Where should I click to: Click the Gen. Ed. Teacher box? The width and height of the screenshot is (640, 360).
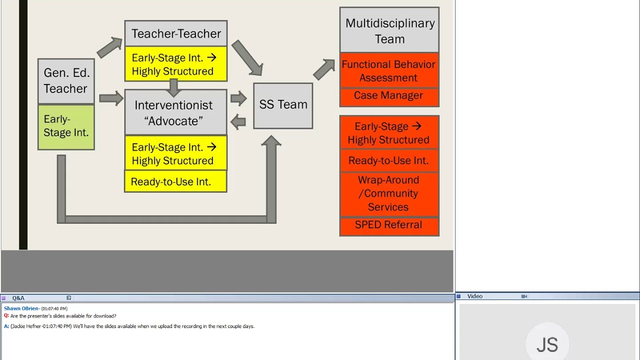[66, 81]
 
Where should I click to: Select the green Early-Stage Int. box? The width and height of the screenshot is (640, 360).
[66, 126]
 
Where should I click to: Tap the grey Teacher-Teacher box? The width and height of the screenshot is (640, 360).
[176, 33]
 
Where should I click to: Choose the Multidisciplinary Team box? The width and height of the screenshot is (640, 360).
[389, 30]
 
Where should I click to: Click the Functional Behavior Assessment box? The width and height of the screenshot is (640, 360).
[389, 70]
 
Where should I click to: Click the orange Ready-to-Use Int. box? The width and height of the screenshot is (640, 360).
[389, 160]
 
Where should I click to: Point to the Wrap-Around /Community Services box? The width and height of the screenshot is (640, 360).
[389, 194]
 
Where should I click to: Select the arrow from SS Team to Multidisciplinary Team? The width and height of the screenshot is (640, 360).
[324, 69]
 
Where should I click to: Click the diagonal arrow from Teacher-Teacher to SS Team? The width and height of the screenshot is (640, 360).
[247, 57]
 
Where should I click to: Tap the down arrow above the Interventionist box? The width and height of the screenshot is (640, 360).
[174, 87]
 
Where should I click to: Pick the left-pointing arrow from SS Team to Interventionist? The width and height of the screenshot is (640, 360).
[238, 121]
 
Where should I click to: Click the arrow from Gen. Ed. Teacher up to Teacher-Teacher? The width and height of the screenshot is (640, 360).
[109, 47]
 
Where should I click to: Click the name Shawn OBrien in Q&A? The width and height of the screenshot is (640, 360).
[21, 308]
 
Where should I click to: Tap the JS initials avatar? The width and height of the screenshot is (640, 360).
[547, 344]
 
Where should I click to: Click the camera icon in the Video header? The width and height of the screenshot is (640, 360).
[524, 296]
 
